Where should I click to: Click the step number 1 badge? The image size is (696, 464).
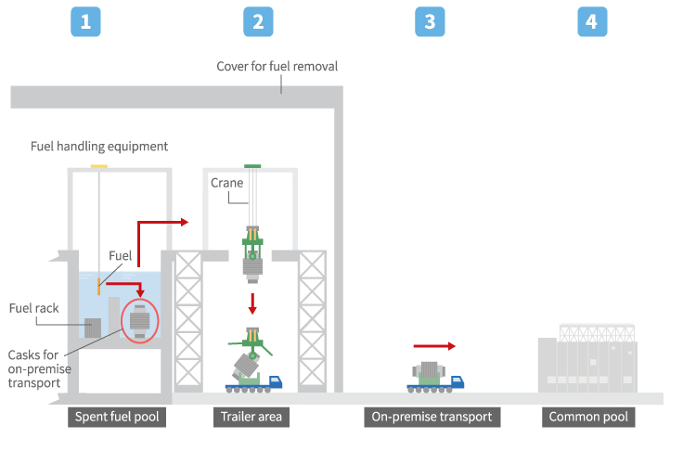point(85,21)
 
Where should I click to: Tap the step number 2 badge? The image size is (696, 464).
point(258,21)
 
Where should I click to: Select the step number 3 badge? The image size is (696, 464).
point(430,21)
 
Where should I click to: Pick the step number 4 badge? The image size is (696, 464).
point(592,21)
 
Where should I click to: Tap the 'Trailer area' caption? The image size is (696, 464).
point(251,417)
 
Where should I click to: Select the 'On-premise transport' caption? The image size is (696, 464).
point(432,417)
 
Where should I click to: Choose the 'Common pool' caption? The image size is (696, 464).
point(588,417)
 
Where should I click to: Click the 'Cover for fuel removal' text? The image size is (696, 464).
point(277,67)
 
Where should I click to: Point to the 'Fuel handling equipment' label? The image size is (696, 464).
point(99,146)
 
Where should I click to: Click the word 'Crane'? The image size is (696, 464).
point(226,183)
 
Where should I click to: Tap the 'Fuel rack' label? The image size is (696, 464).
point(33,308)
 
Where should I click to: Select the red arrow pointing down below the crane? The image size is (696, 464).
point(251,303)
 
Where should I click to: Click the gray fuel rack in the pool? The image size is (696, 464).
point(94,327)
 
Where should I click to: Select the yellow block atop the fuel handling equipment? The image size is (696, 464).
point(98,167)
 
